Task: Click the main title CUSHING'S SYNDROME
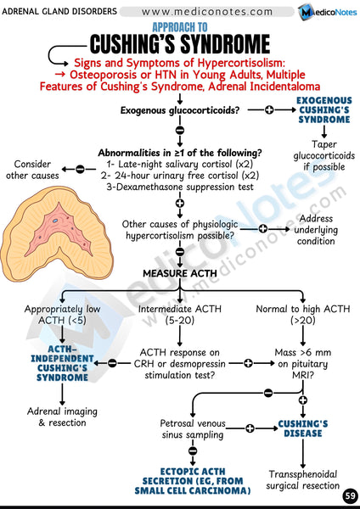tap(180, 44)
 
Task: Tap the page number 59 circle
tap(349, 495)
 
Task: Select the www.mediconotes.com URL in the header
tap(214, 11)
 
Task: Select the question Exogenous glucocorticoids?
tap(179, 110)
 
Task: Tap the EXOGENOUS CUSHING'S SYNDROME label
tap(323, 111)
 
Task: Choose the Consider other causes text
tap(35, 169)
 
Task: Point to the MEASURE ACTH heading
tap(179, 273)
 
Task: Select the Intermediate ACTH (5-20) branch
tap(179, 314)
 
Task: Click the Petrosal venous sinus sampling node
tap(192, 428)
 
